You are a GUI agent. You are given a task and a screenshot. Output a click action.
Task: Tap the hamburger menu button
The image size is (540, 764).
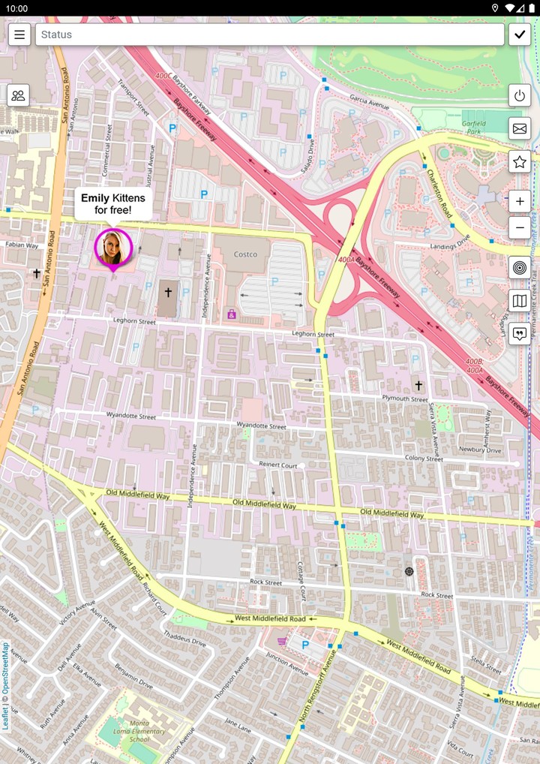19,35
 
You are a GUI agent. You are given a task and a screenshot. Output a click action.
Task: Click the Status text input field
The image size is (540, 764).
269,35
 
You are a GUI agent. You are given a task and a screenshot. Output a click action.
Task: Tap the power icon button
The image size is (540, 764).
520,95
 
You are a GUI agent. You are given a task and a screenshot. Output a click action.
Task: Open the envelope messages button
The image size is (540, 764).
520,128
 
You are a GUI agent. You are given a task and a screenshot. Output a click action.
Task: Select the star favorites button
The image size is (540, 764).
520,161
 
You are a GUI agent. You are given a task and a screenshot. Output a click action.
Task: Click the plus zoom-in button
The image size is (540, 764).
520,201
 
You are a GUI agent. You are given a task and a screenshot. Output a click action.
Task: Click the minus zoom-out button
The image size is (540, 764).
520,227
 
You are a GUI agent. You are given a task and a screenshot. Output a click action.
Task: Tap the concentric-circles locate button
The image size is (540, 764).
520,267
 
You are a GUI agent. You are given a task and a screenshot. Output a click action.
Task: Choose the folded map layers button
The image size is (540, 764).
520,301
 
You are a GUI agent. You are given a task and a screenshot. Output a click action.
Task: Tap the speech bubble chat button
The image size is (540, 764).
520,334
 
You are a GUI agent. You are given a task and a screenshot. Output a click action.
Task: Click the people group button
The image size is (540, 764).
19,95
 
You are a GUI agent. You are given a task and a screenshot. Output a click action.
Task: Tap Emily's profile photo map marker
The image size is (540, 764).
113,247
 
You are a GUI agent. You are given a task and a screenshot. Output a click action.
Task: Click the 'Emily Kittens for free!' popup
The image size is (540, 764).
113,204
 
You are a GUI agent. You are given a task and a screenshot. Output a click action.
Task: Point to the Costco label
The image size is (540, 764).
245,254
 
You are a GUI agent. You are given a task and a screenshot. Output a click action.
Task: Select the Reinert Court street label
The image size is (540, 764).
278,465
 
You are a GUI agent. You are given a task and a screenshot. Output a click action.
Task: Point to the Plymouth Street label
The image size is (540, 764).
404,399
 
